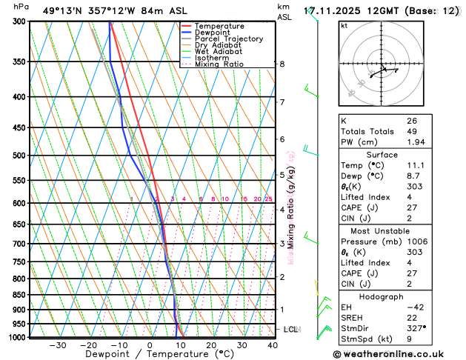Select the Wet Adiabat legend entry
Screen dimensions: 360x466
tap(219, 51)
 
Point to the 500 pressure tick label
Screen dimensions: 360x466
tap(17, 156)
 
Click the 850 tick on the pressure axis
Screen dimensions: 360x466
tap(17, 295)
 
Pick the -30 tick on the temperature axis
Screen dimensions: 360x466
tap(57, 344)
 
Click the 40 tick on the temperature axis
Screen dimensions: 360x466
tap(273, 344)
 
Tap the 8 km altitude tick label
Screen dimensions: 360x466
tap(282, 64)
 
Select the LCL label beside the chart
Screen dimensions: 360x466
tap(291, 329)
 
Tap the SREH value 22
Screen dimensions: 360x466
tap(412, 317)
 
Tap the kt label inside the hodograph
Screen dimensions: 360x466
tap(344, 25)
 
